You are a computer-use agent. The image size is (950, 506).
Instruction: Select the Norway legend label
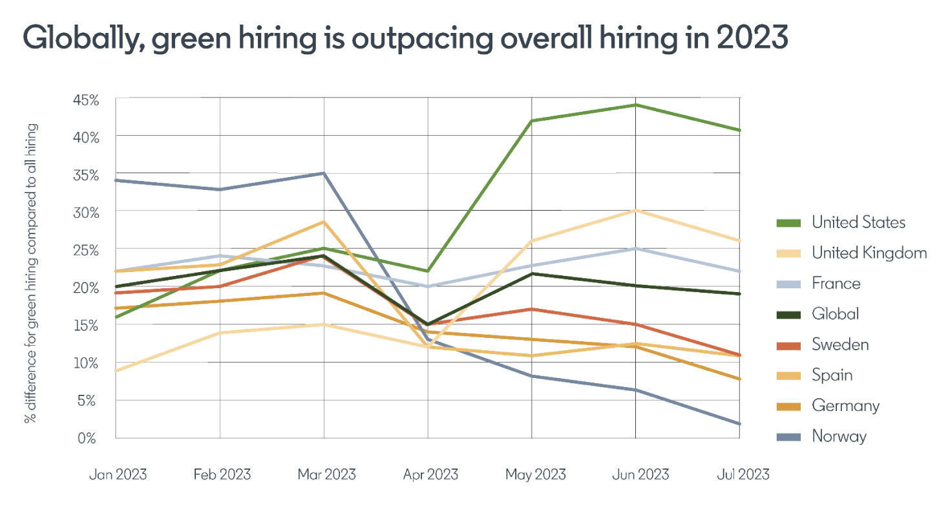(x=839, y=436)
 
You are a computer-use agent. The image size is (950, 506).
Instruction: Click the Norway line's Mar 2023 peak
(x=324, y=173)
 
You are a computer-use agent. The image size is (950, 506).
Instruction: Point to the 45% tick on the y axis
(x=85, y=100)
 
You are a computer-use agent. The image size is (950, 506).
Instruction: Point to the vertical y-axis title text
(x=30, y=271)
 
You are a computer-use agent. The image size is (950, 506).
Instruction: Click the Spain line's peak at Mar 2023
(x=324, y=222)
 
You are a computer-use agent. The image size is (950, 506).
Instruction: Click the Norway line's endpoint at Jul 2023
(x=739, y=424)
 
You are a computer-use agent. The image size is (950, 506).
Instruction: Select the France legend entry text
(x=836, y=284)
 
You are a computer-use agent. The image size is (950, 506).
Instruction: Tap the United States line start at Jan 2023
(x=116, y=317)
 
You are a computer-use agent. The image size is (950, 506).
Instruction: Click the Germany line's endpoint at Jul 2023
(x=739, y=379)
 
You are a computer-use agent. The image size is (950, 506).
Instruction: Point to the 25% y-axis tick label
(x=85, y=249)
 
